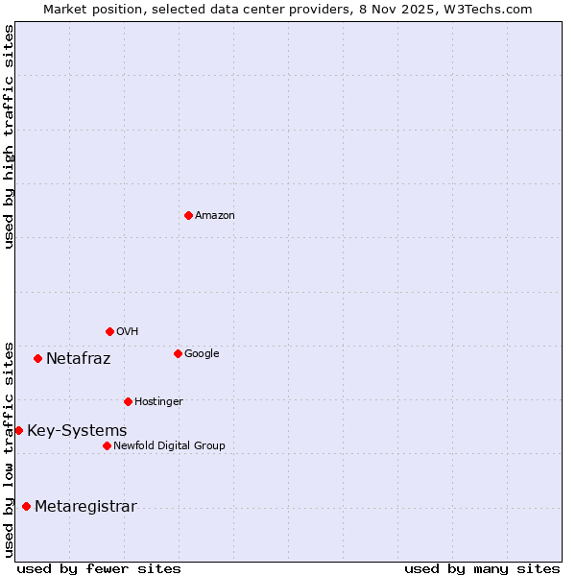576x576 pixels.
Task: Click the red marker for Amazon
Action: tap(188, 215)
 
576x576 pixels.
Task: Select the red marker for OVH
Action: tap(109, 331)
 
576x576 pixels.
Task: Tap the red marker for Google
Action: tap(178, 353)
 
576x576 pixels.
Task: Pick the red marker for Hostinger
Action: tap(128, 401)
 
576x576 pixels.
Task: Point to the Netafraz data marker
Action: tap(37, 358)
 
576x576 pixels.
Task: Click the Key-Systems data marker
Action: tap(18, 430)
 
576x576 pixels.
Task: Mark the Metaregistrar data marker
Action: tap(26, 506)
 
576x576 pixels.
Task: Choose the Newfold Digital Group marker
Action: tap(107, 445)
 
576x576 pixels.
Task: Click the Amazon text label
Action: tap(215, 216)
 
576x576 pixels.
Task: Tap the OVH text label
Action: tap(128, 332)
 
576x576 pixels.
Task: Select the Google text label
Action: tap(202, 354)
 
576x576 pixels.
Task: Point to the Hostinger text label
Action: tap(158, 402)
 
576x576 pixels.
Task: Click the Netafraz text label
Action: tap(79, 359)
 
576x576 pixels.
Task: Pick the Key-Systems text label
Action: tap(77, 431)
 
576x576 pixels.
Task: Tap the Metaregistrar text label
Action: tap(85, 507)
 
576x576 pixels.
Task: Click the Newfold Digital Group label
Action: tap(169, 446)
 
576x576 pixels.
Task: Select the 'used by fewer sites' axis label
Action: tap(99, 569)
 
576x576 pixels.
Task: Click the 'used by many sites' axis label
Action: tap(482, 569)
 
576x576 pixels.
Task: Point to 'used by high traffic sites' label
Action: tap(10, 136)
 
